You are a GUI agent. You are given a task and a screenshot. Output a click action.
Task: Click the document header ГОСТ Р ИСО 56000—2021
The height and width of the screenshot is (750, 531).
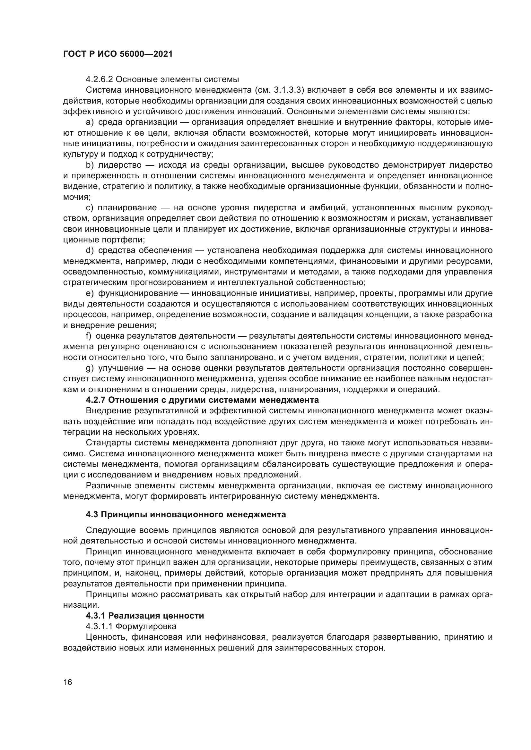tap(118, 54)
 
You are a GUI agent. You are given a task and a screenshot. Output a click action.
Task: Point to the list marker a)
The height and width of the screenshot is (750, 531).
tap(90, 122)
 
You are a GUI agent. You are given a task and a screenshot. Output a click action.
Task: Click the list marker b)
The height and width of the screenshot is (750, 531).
tap(90, 165)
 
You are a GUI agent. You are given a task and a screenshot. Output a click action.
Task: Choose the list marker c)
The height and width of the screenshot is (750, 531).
tap(90, 208)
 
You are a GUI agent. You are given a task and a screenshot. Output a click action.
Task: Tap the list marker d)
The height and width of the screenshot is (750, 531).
tap(90, 250)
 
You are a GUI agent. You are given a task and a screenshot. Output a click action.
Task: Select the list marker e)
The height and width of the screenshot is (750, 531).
tap(90, 293)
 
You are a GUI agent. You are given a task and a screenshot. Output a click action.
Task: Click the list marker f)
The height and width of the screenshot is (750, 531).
tap(89, 336)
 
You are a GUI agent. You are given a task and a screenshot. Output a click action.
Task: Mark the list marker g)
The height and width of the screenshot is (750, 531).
tap(90, 368)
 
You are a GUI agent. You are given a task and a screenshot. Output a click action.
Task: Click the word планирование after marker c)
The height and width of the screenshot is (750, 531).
tap(132, 208)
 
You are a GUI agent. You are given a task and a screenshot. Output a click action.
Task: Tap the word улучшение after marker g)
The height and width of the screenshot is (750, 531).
tap(121, 368)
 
